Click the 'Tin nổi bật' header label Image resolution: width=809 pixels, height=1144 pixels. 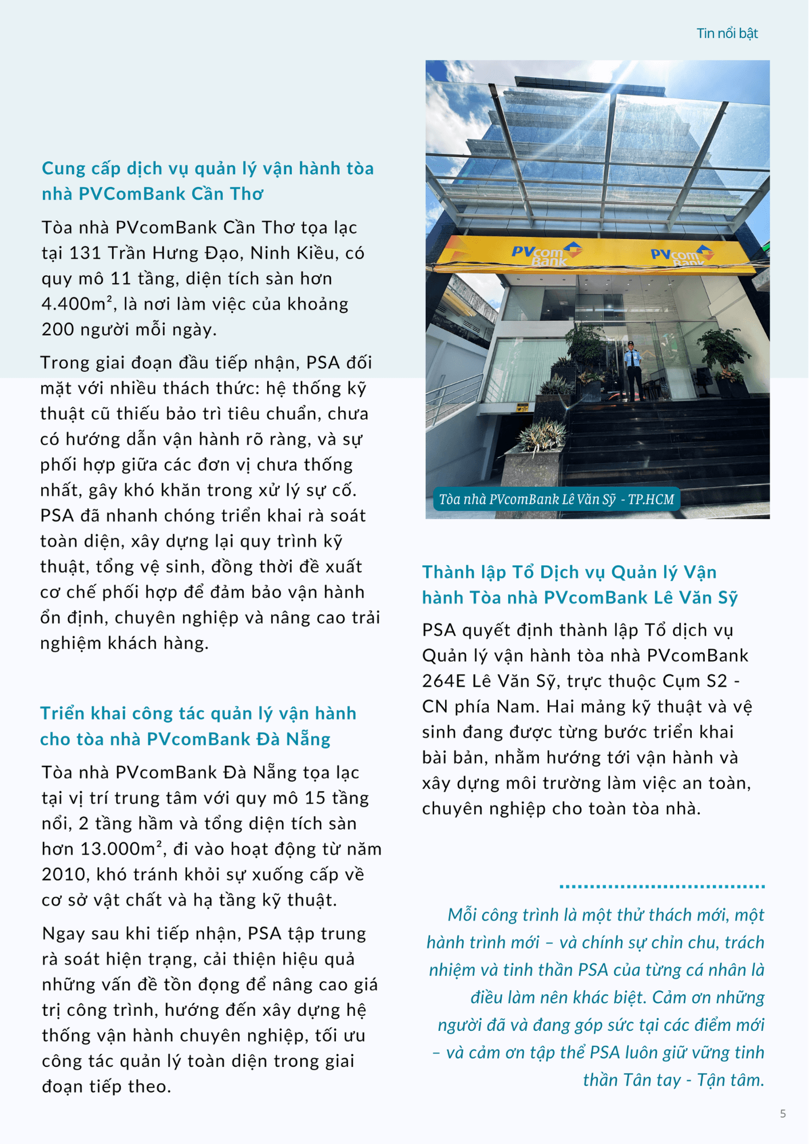tap(727, 33)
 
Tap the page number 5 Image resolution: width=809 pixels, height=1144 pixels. tap(783, 1114)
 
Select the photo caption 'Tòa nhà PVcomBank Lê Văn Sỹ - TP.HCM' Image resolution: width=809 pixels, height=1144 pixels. tap(556, 499)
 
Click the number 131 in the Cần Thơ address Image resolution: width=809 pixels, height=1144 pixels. tap(82, 253)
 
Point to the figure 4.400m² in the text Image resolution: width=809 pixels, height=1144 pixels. tap(77, 304)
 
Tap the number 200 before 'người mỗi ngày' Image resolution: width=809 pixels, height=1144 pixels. tap(58, 329)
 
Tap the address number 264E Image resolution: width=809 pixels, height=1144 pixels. tap(443, 681)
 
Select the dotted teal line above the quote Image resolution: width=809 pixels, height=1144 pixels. tap(662, 887)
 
